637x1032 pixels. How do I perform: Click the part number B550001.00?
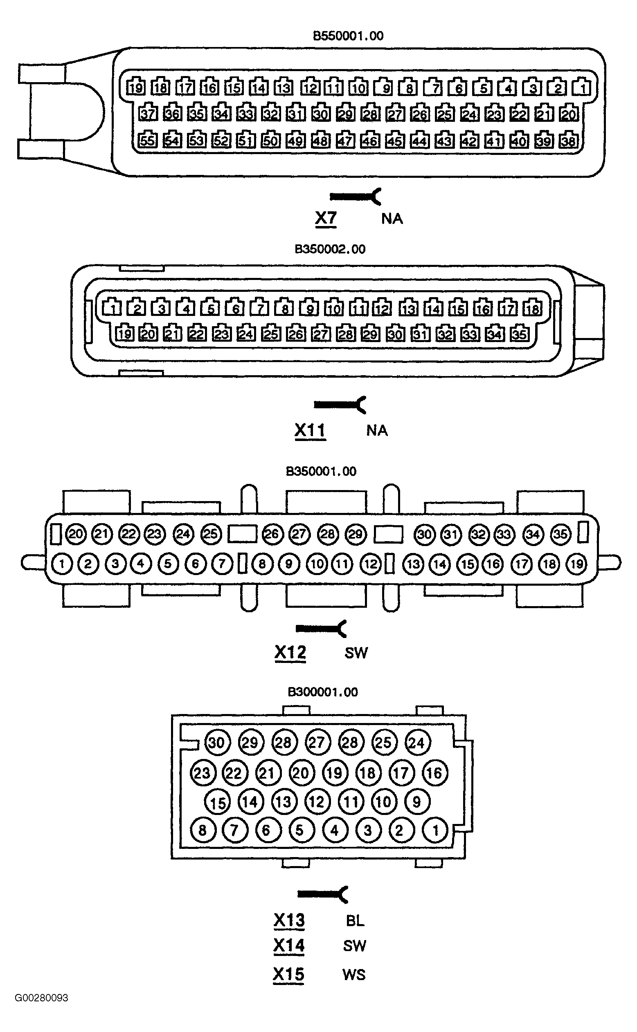pos(348,36)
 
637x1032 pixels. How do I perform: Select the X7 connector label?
pos(326,218)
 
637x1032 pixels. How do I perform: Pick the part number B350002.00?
pos(330,249)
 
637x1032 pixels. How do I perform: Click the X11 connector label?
pos(310,430)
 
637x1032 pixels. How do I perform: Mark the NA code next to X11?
pos(377,430)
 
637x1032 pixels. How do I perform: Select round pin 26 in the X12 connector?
pos(272,534)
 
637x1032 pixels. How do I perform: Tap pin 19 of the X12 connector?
pos(576,564)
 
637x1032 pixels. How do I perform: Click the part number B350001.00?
pos(321,471)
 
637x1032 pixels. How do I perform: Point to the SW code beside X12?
pos(356,653)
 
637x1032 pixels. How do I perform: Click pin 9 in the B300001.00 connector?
pos(417,802)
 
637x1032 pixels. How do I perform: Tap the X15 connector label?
pos(288,974)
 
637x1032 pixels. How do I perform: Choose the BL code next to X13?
pos(355,920)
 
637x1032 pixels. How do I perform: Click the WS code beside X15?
pos(354,974)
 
